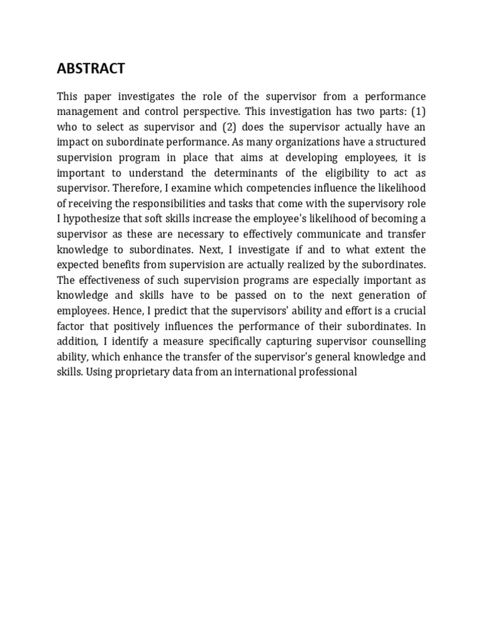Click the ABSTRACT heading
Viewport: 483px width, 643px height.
pyautogui.click(x=91, y=68)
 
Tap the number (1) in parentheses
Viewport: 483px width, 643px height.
pyautogui.click(x=418, y=111)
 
